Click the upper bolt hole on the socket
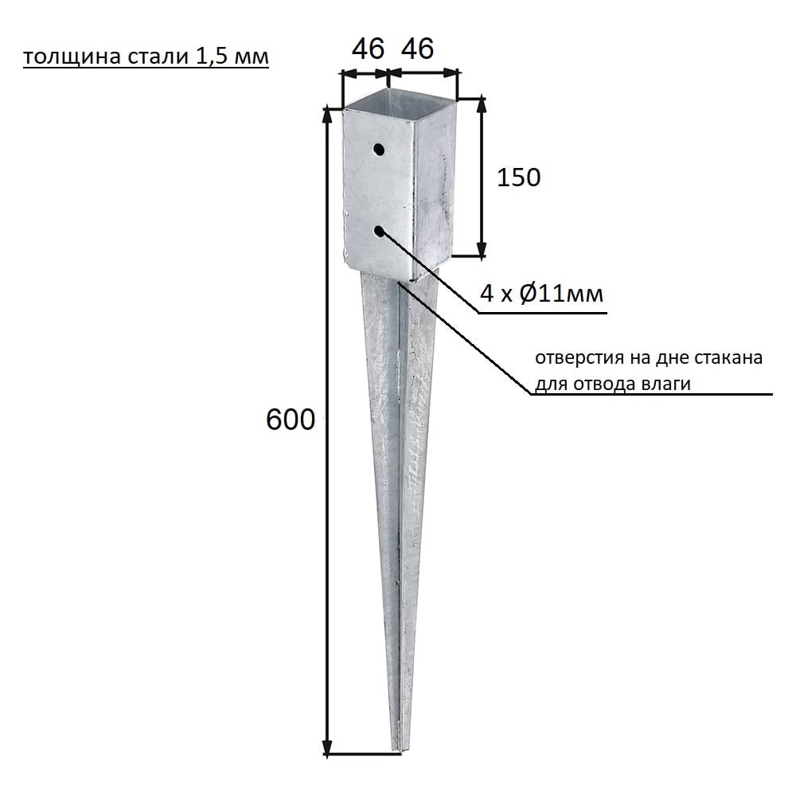(x=379, y=150)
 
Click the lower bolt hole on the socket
(x=379, y=232)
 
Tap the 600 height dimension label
(x=291, y=419)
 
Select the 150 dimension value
(x=518, y=178)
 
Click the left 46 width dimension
(x=368, y=49)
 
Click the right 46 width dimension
(x=418, y=49)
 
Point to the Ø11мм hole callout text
(x=561, y=294)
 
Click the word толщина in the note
(x=71, y=57)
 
